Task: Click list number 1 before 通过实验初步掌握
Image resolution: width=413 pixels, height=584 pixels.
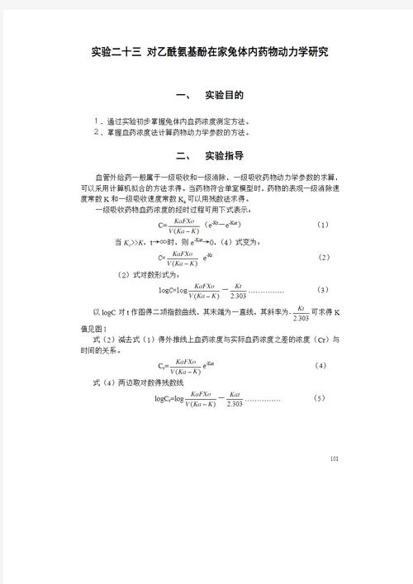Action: tap(97, 120)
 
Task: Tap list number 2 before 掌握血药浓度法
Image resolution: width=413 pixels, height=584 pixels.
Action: tap(97, 131)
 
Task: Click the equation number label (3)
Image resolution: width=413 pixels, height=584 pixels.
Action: tap(323, 290)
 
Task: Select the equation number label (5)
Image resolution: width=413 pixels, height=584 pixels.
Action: tap(320, 399)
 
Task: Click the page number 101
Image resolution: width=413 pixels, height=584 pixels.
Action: tap(334, 458)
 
